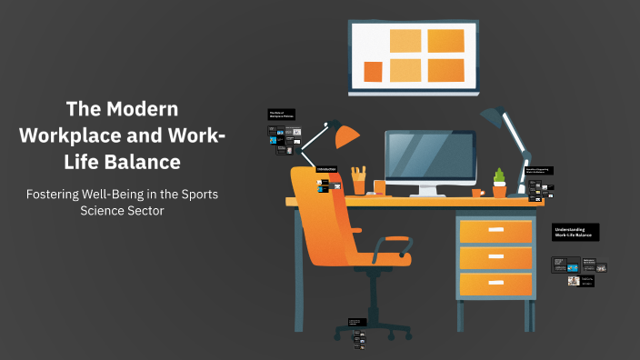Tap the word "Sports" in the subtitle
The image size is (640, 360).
(x=193, y=195)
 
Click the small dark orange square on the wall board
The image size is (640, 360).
(x=373, y=72)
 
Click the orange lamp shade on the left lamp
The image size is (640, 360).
(x=347, y=136)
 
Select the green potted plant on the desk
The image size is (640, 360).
(x=499, y=181)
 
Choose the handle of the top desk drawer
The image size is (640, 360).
(x=495, y=230)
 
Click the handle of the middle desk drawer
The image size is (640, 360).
(x=495, y=257)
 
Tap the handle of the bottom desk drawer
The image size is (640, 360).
(x=495, y=285)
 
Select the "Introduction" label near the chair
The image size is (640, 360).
(x=327, y=170)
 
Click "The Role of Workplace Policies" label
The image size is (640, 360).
(x=281, y=115)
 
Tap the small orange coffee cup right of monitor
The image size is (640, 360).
(x=477, y=192)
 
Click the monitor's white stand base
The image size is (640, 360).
(x=429, y=194)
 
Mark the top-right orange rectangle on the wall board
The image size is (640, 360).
(x=445, y=41)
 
